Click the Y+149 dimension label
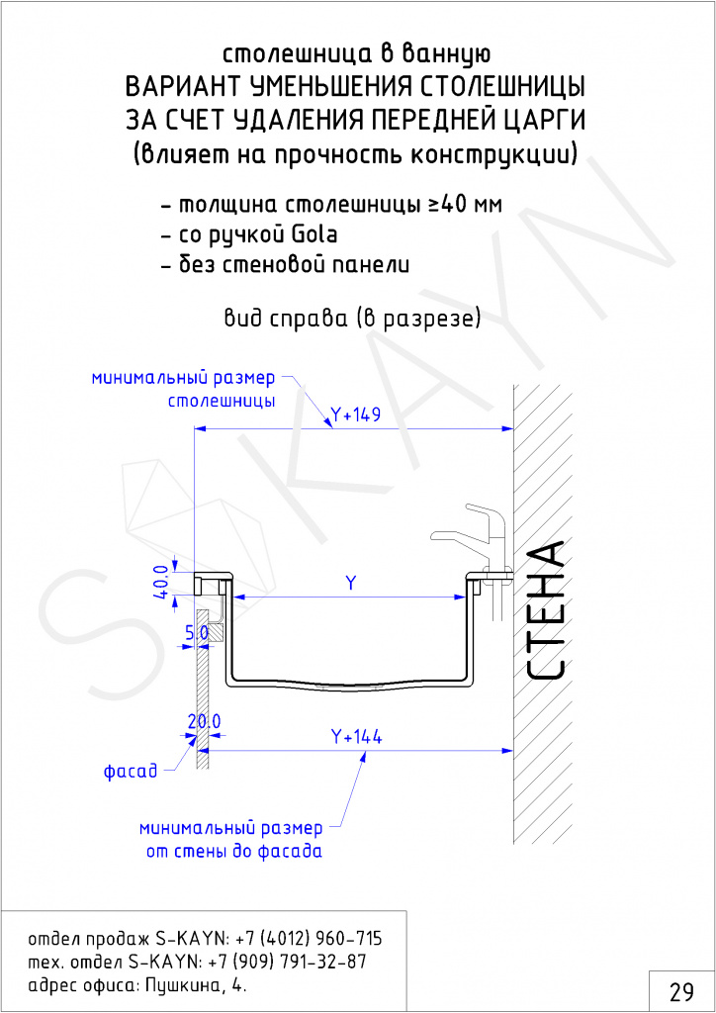pyautogui.click(x=355, y=414)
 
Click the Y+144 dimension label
pyautogui.click(x=356, y=736)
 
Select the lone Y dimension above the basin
pyautogui.click(x=350, y=584)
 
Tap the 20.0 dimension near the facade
pyautogui.click(x=204, y=721)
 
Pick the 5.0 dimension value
pyautogui.click(x=197, y=633)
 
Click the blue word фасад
pyautogui.click(x=131, y=771)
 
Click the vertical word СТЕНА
pyautogui.click(x=546, y=610)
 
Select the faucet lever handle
pyautogui.click(x=480, y=513)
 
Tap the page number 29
pyautogui.click(x=681, y=991)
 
